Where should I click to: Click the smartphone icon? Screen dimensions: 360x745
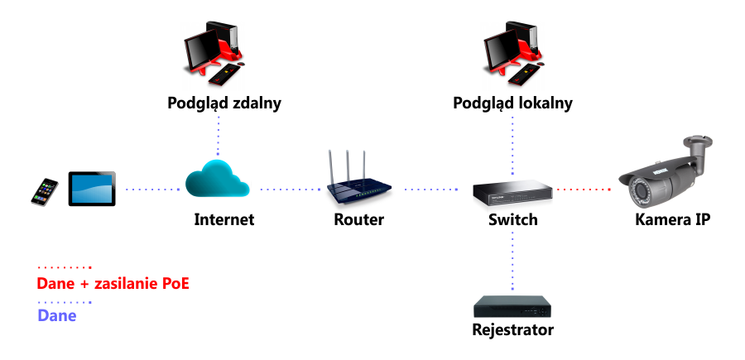click(46, 190)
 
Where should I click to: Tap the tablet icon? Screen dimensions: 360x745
click(92, 190)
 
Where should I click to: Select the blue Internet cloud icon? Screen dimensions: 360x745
click(218, 180)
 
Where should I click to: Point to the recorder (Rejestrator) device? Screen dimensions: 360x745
click(512, 305)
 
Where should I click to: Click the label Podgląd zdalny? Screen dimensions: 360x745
click(224, 103)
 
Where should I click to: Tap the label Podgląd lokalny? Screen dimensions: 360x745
click(512, 103)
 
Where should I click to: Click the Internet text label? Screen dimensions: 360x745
click(223, 220)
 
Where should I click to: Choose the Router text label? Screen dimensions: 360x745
click(358, 220)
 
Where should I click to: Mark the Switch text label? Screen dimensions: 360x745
click(512, 220)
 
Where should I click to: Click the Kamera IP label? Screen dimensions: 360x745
click(672, 220)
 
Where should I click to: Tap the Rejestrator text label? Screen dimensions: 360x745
click(512, 330)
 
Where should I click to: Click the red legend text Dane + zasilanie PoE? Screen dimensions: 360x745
click(113, 284)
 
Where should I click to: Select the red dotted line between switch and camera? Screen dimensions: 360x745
click(583, 190)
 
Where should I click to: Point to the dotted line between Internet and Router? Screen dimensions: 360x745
click(290, 190)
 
